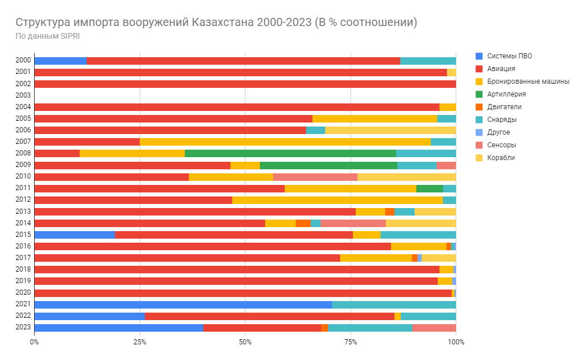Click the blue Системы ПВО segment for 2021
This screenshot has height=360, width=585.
[x=182, y=305]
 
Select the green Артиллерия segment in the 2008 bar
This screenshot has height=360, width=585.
[x=290, y=153]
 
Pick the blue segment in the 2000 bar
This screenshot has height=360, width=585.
[x=60, y=61]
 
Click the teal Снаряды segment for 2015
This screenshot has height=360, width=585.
[x=418, y=235]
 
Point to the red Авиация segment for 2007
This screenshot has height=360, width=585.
[x=87, y=142]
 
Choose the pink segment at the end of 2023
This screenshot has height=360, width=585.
[x=434, y=328]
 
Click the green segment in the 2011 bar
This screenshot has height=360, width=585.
[x=429, y=188]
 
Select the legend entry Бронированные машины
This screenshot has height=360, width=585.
[x=528, y=81]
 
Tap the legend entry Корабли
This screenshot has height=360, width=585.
[x=500, y=158]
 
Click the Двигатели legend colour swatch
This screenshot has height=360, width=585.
[x=478, y=107]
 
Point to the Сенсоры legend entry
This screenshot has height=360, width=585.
[x=501, y=145]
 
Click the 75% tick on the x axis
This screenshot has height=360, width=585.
[x=351, y=342]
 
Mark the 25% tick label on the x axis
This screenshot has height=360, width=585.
[x=140, y=342]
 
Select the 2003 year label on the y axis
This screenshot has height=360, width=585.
[x=23, y=95]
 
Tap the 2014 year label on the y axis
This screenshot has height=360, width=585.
[x=23, y=223]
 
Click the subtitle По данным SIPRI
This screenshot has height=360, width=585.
[x=48, y=36]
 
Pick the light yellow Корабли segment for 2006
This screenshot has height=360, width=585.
[x=390, y=130]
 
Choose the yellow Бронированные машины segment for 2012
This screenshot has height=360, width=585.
[x=337, y=200]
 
